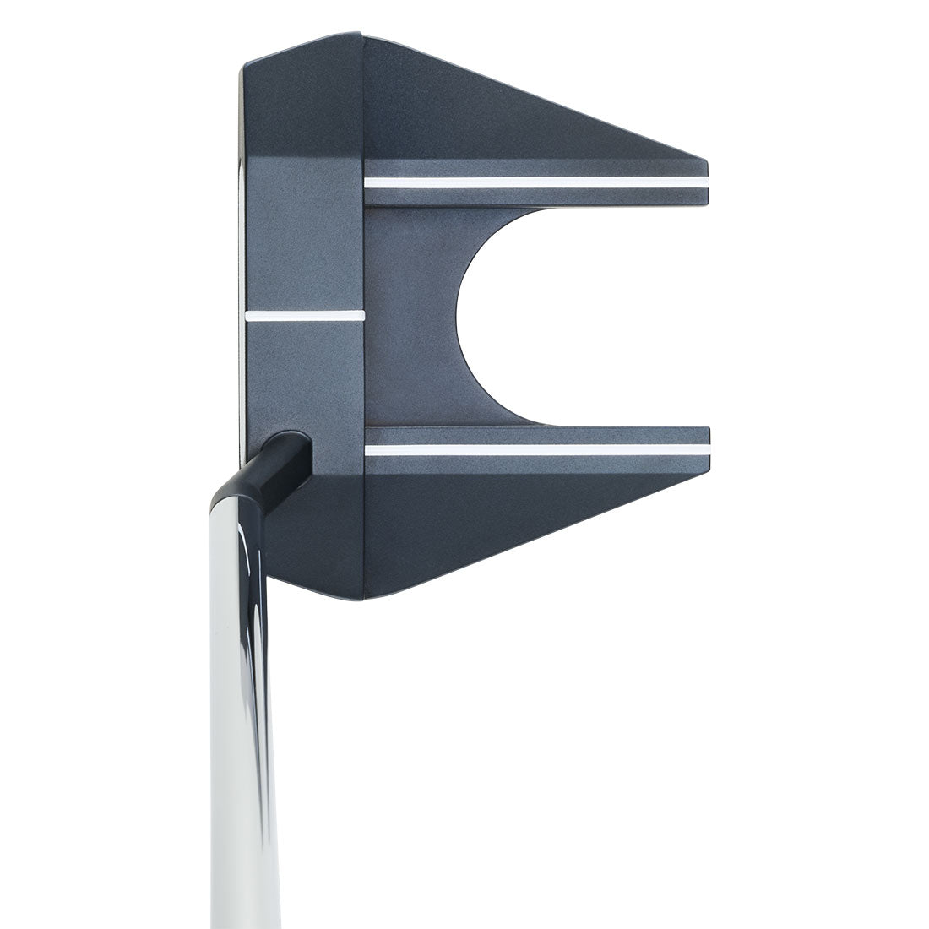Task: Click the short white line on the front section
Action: point(304,316)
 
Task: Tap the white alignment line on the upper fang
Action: point(532,182)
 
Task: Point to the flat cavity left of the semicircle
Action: point(410,316)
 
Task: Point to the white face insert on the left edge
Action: point(243,253)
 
